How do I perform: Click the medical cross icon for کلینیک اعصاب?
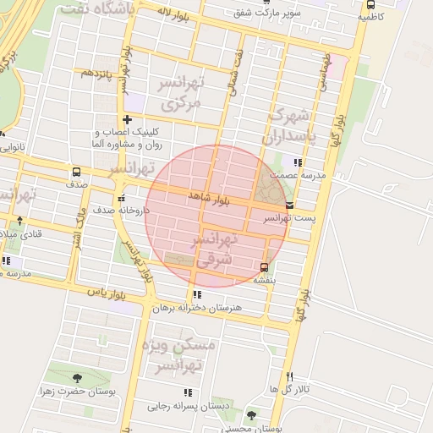(127, 119)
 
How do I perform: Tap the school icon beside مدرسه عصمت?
(297, 162)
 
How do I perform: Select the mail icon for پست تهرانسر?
(291, 205)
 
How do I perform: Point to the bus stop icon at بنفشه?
(265, 267)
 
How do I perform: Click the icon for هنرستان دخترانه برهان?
(197, 294)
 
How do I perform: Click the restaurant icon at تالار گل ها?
(290, 376)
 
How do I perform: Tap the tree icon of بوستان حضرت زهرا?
(78, 378)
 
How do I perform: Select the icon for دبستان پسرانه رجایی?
(188, 392)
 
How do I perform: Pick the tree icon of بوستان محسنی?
(251, 414)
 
